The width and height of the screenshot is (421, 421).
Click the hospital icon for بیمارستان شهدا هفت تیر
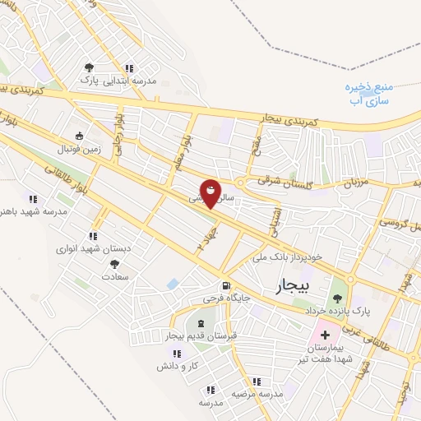pyautogui.click(x=324, y=335)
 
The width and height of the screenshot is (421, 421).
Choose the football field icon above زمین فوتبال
pyautogui.click(x=79, y=136)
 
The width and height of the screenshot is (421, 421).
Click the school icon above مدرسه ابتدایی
pyautogui.click(x=128, y=68)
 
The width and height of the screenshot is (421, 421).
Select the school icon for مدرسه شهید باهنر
pyautogui.click(x=33, y=199)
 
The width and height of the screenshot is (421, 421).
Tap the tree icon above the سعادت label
pyautogui.click(x=113, y=264)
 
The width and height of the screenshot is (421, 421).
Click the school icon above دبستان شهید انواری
pyautogui.click(x=103, y=235)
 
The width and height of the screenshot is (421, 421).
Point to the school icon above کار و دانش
pyautogui.click(x=165, y=352)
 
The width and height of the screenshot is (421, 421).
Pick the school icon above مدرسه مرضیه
pyautogui.click(x=257, y=382)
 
